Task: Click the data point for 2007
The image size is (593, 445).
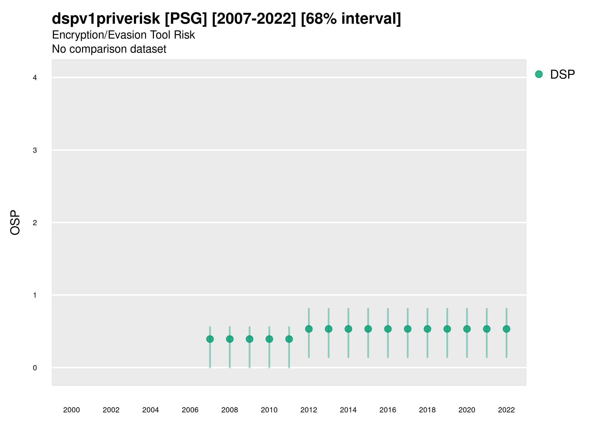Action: point(210,339)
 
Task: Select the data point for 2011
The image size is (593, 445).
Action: point(289,339)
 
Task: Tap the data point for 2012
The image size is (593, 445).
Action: point(309,329)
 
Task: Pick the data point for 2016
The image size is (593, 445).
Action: point(388,329)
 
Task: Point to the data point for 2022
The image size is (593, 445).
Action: point(507,329)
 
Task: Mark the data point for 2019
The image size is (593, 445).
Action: point(447,329)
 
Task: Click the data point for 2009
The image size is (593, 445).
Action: point(250,339)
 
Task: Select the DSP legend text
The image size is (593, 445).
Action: point(562,75)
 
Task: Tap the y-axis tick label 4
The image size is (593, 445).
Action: point(35,78)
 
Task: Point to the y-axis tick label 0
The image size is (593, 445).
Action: point(35,368)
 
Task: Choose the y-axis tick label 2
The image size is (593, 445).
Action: point(35,223)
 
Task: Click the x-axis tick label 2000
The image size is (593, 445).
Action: point(72,410)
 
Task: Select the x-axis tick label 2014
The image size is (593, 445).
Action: point(348,410)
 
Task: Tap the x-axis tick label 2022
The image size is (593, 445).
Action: point(507,410)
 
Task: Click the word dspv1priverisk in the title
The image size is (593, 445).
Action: point(106,19)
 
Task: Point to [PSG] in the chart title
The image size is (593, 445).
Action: point(186,19)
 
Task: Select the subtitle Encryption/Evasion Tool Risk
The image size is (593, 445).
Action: point(123,35)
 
